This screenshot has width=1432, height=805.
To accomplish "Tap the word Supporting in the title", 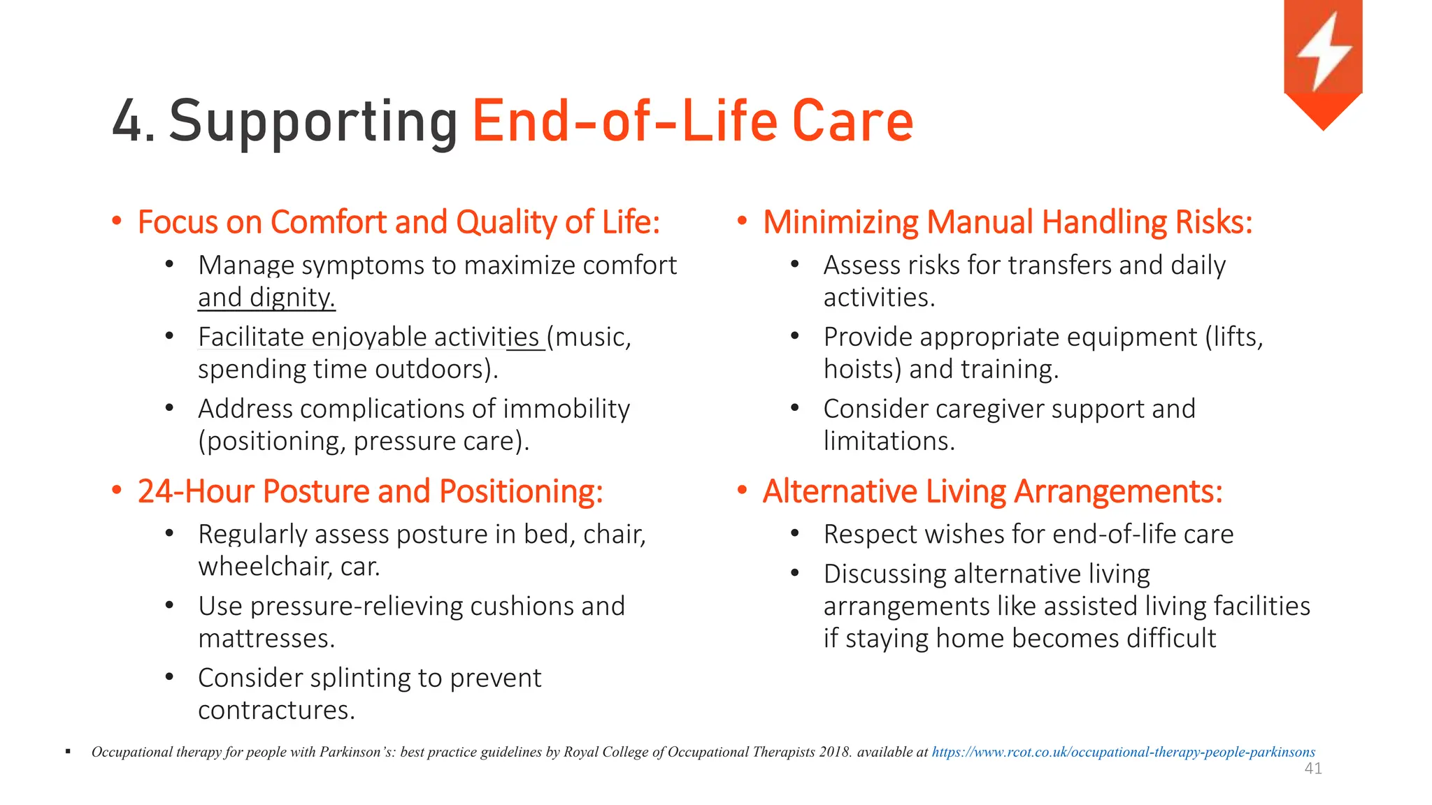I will (313, 122).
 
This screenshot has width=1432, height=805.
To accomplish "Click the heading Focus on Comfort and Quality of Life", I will (399, 222).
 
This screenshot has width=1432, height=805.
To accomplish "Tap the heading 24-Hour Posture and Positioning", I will (370, 491).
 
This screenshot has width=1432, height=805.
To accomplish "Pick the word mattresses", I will (266, 639).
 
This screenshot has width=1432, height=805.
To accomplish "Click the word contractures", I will (276, 711).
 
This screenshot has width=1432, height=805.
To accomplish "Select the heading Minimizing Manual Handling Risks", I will (1007, 222).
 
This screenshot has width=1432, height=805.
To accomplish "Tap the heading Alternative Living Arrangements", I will (992, 491).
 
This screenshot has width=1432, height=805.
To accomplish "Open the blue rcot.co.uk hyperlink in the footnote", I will (1123, 753).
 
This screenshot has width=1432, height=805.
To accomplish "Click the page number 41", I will (1312, 769).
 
